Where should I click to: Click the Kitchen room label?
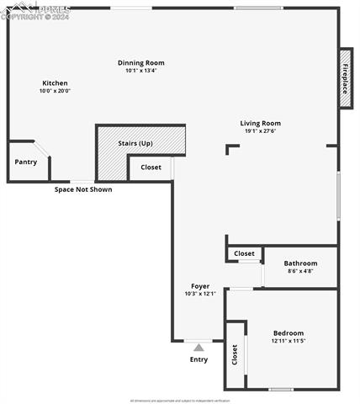pos(55,83)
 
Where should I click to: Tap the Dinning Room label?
pos(140,63)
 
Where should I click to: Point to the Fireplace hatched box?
pos(345,77)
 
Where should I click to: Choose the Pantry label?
pos(26,162)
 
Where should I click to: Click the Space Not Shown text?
pos(83,189)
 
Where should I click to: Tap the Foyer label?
pos(200,286)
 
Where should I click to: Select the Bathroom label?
pos(300,263)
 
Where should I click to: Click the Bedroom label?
pos(289,333)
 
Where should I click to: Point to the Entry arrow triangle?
pos(199,347)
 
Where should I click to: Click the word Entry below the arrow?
pos(199,359)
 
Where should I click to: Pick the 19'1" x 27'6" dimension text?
pos(261,131)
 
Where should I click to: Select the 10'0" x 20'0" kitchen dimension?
pos(55,91)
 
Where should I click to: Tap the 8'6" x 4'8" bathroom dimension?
pos(300,271)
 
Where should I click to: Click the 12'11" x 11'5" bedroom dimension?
pos(289,341)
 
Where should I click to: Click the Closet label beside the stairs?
pos(151,167)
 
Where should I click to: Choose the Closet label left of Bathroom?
pos(244,253)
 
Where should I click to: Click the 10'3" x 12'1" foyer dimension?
pos(200,294)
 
